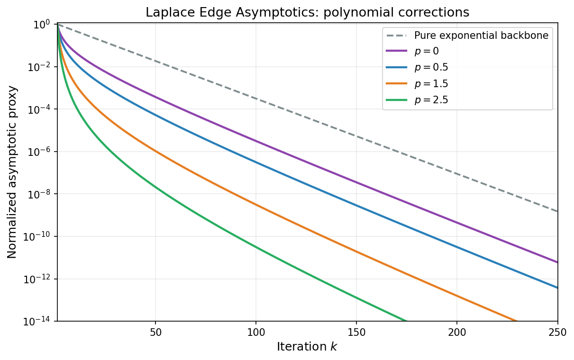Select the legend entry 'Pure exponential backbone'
pyautogui.click(x=481, y=36)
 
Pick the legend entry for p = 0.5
pyautogui.click(x=431, y=67)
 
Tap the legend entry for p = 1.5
pyautogui.click(x=431, y=83)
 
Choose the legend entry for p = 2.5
pyautogui.click(x=431, y=99)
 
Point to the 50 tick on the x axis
pyautogui.click(x=155, y=333)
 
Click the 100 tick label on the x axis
pyautogui.click(x=256, y=333)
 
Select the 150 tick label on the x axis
pyautogui.click(x=356, y=333)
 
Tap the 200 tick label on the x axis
pyautogui.click(x=457, y=333)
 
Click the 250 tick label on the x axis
pyautogui.click(x=557, y=333)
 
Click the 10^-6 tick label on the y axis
pyautogui.click(x=39, y=152)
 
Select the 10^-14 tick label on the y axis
pyautogui.click(x=38, y=322)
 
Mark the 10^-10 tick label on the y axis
pyautogui.click(x=38, y=237)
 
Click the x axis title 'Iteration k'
pyautogui.click(x=307, y=347)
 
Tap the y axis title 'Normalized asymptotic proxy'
pyautogui.click(x=12, y=172)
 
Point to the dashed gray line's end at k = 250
pyautogui.click(x=557, y=211)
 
